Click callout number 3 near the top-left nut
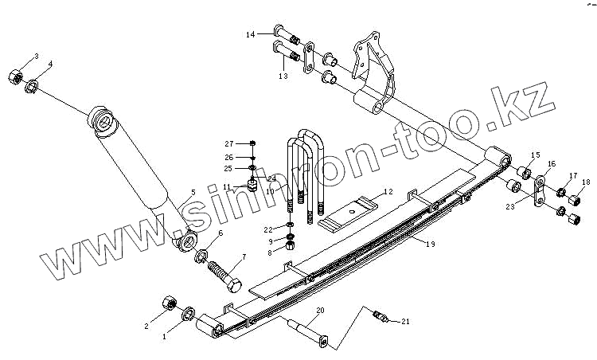click(x=35, y=56)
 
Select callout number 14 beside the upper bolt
click(x=250, y=34)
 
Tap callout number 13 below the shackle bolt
click(x=282, y=76)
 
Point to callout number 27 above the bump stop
click(x=229, y=143)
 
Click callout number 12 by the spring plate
click(x=388, y=191)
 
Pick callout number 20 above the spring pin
click(x=321, y=310)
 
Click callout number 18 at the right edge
click(x=587, y=183)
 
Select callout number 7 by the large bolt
click(x=244, y=256)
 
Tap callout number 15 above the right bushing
click(x=535, y=155)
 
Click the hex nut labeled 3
click(x=14, y=76)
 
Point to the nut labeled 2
click(x=168, y=303)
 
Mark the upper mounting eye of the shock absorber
click(x=101, y=120)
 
